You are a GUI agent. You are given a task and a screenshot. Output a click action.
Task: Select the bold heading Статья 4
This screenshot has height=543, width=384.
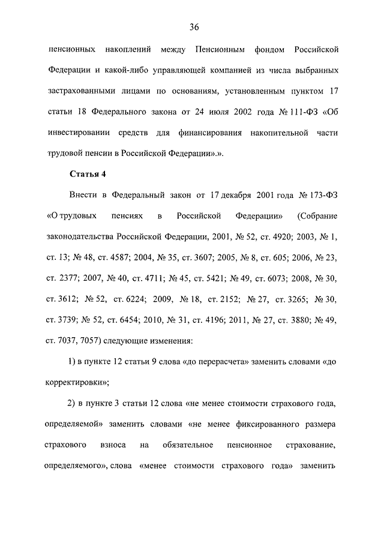point(88,175)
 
